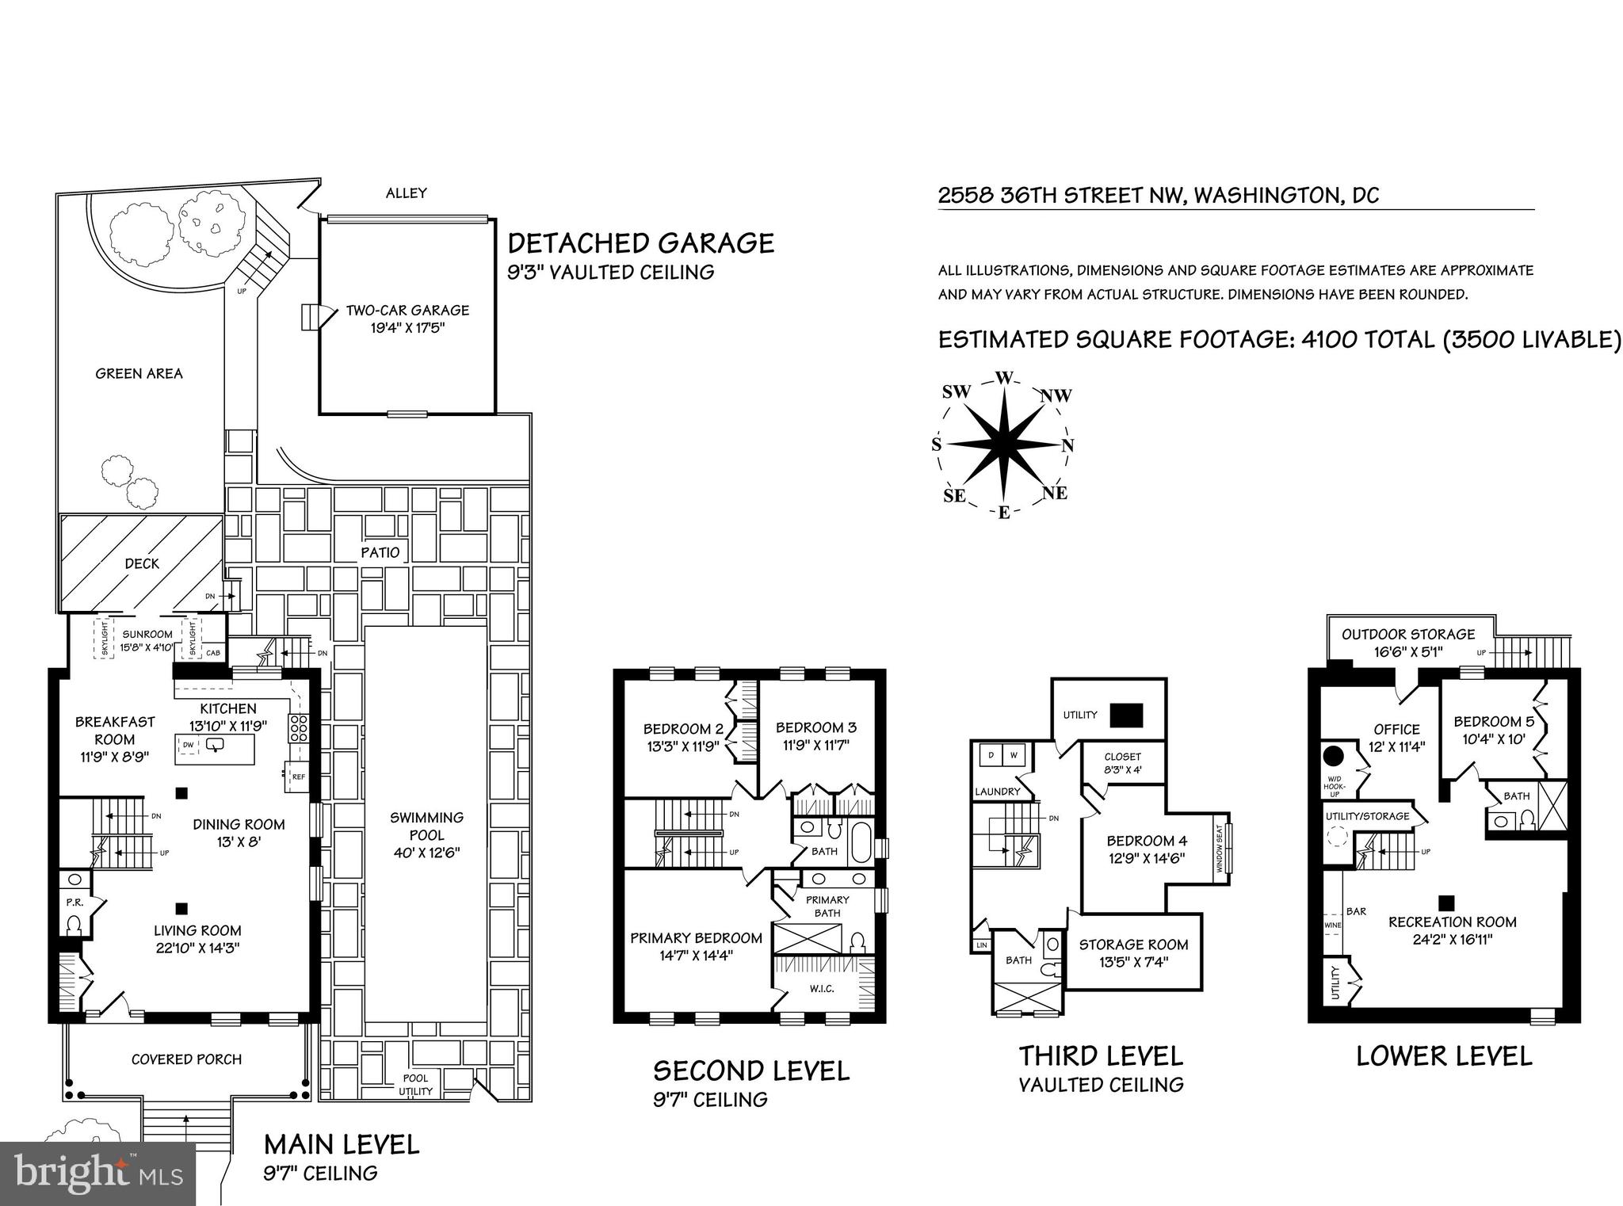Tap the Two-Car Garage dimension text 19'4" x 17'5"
pyautogui.click(x=407, y=327)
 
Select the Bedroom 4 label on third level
pyautogui.click(x=1147, y=841)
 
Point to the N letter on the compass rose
pyautogui.click(x=1067, y=445)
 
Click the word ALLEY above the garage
pyautogui.click(x=406, y=193)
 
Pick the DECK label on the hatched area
pyautogui.click(x=142, y=563)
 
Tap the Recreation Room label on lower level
pyautogui.click(x=1452, y=922)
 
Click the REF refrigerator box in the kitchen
pyautogui.click(x=298, y=777)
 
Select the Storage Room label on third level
pyautogui.click(x=1133, y=945)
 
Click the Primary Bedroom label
pyautogui.click(x=696, y=938)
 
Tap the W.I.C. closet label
pyautogui.click(x=822, y=989)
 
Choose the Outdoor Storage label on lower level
pyautogui.click(x=1407, y=634)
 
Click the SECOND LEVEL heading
pyautogui.click(x=750, y=1071)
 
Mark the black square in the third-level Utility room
pyautogui.click(x=1125, y=716)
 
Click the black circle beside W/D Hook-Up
pyautogui.click(x=1334, y=754)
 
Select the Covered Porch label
pyautogui.click(x=186, y=1059)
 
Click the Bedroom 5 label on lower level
pyautogui.click(x=1493, y=721)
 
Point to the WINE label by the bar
pyautogui.click(x=1331, y=925)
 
